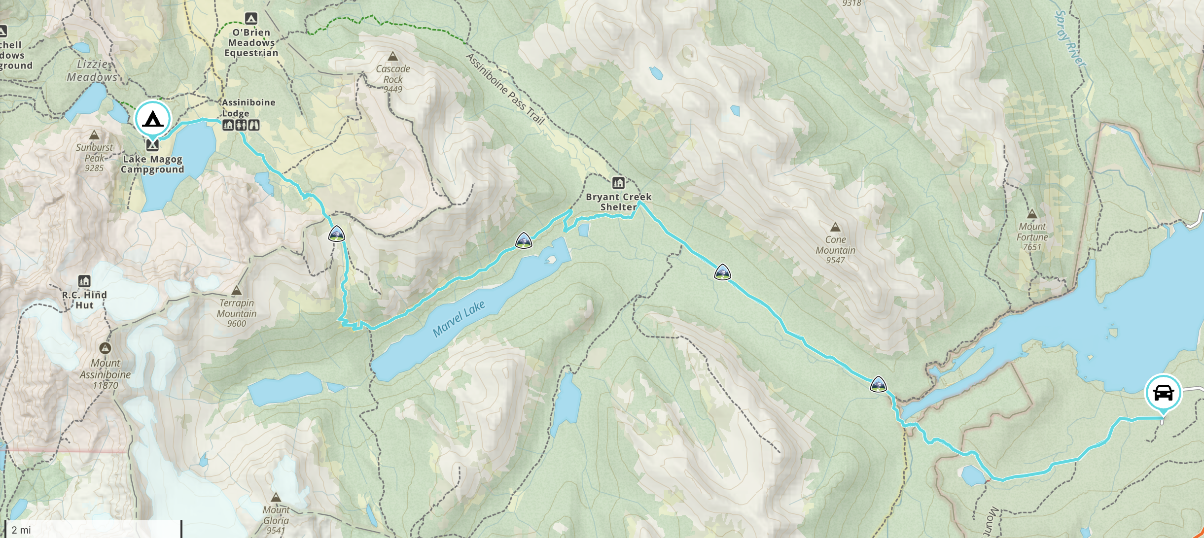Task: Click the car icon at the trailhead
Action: [x=1163, y=393]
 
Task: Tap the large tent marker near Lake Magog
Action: [x=152, y=119]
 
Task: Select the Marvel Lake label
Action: [x=459, y=319]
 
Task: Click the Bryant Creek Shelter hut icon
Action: [x=618, y=183]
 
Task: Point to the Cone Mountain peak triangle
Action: [x=835, y=227]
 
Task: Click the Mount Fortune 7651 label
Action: [x=1032, y=236]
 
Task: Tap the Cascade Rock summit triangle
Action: [x=392, y=56]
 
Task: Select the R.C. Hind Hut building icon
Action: [x=84, y=281]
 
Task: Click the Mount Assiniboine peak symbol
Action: [x=105, y=349]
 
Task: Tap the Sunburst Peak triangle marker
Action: [x=94, y=135]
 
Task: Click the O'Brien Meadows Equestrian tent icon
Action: [x=251, y=19]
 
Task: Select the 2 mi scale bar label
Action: [x=21, y=530]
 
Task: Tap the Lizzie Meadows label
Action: [x=92, y=70]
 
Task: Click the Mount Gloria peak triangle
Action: [x=276, y=497]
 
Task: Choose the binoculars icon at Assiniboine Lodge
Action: [x=253, y=125]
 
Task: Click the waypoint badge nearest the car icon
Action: [x=878, y=384]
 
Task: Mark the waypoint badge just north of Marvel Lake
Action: [x=523, y=240]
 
